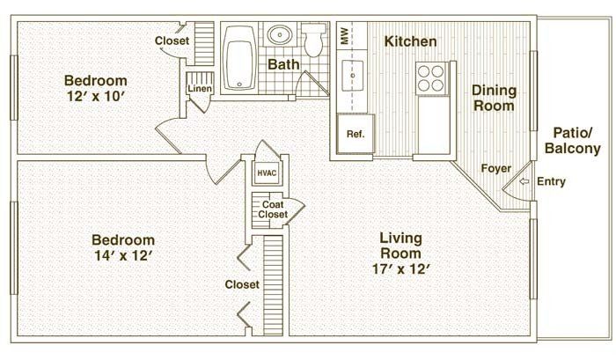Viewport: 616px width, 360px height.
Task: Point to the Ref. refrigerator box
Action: point(355,135)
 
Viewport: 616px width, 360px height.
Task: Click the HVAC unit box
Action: point(267,173)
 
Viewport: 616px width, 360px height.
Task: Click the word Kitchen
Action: point(410,41)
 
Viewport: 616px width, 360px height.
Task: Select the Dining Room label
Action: point(494,98)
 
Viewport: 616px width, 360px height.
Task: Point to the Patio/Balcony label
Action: point(572,141)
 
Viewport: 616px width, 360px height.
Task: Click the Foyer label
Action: point(496,168)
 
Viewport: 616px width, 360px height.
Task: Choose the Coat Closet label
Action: point(273,209)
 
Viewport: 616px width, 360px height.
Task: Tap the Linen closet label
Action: point(196,89)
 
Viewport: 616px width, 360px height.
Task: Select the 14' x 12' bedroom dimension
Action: point(123,257)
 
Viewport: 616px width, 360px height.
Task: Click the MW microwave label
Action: point(344,38)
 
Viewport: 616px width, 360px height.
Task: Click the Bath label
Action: point(283,64)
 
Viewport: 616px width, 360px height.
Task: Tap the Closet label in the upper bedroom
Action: point(172,40)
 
